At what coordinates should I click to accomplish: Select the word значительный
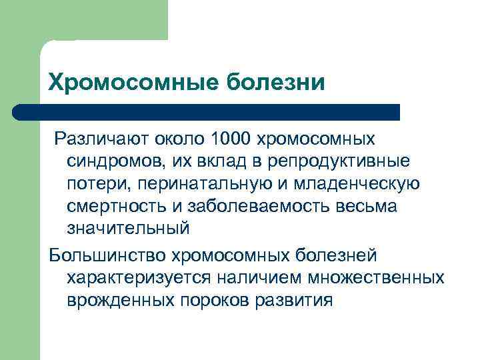pos(128,228)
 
